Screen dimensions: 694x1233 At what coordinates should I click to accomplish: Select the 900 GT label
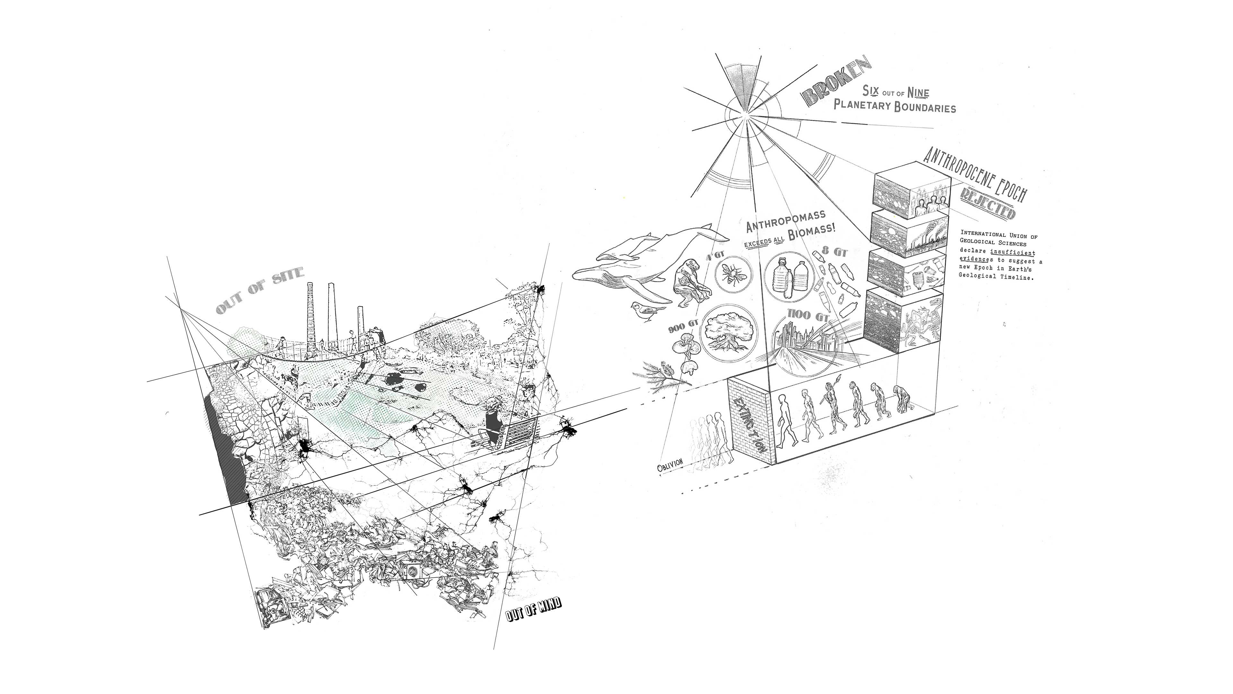pyautogui.click(x=683, y=328)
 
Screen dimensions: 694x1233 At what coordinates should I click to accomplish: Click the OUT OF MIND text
pyautogui.click(x=533, y=609)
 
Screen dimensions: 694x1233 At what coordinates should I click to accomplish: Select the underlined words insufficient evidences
pyautogui.click(x=998, y=256)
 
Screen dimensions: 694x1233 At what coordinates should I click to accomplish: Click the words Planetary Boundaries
pyautogui.click(x=894, y=106)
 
